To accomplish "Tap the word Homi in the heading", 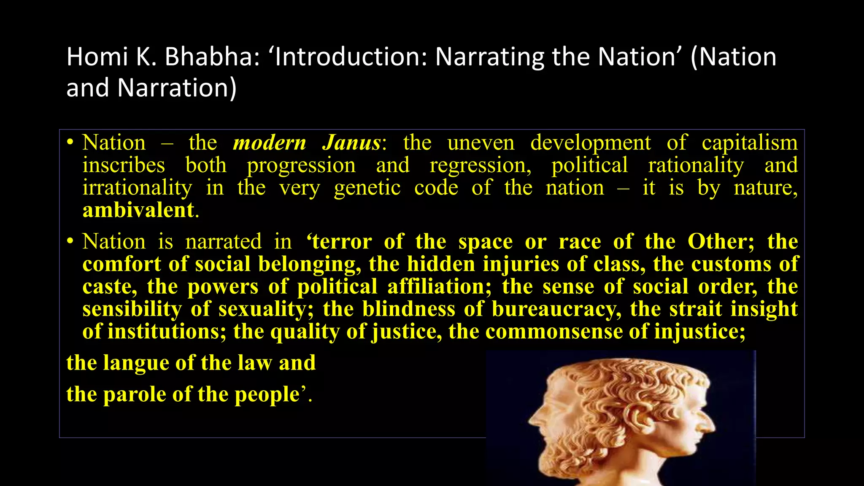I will point(97,57).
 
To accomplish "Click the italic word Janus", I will point(352,143).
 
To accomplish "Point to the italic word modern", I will point(270,143).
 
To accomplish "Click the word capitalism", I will point(750,143).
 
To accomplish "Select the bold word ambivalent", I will point(138,210).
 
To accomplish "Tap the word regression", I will point(480,165).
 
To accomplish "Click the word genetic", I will point(367,188).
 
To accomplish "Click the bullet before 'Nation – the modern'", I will point(70,143).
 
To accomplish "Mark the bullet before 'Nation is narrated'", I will point(70,242).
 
